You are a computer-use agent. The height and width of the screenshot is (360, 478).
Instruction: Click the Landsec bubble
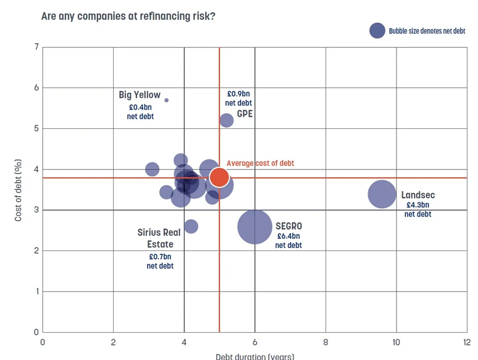point(382,194)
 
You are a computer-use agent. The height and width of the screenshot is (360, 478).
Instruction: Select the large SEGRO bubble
point(255,227)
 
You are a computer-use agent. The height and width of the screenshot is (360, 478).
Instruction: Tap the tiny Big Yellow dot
point(167,100)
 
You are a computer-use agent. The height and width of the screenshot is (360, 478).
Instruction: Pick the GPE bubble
point(226,121)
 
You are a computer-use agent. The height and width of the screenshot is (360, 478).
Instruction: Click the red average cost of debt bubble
point(219,177)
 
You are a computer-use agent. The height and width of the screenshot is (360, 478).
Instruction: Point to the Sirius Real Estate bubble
point(191,226)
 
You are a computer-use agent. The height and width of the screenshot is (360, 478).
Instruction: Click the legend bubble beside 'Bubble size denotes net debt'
point(377,31)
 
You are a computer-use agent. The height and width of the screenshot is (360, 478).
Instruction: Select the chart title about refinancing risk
point(128,16)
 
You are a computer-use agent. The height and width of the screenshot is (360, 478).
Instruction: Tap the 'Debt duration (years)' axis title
point(255,356)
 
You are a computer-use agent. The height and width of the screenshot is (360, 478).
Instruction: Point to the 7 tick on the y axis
point(36,47)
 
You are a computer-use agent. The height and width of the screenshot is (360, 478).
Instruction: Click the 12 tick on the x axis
point(466,342)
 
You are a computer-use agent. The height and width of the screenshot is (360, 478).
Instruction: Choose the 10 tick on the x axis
point(396,342)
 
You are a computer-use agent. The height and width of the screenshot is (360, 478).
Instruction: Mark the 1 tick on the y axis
point(36,292)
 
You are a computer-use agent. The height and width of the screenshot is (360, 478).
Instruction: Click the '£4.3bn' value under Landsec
point(418,205)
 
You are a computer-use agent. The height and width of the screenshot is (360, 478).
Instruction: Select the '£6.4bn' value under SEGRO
point(288,236)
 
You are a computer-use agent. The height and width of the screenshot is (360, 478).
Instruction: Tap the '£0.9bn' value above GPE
point(238,94)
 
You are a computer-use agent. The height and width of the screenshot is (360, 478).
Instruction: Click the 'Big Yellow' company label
point(139,95)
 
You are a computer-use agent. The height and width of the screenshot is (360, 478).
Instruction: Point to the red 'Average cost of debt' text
point(260,163)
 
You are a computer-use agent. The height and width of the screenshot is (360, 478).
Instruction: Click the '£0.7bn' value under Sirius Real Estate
point(160,257)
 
